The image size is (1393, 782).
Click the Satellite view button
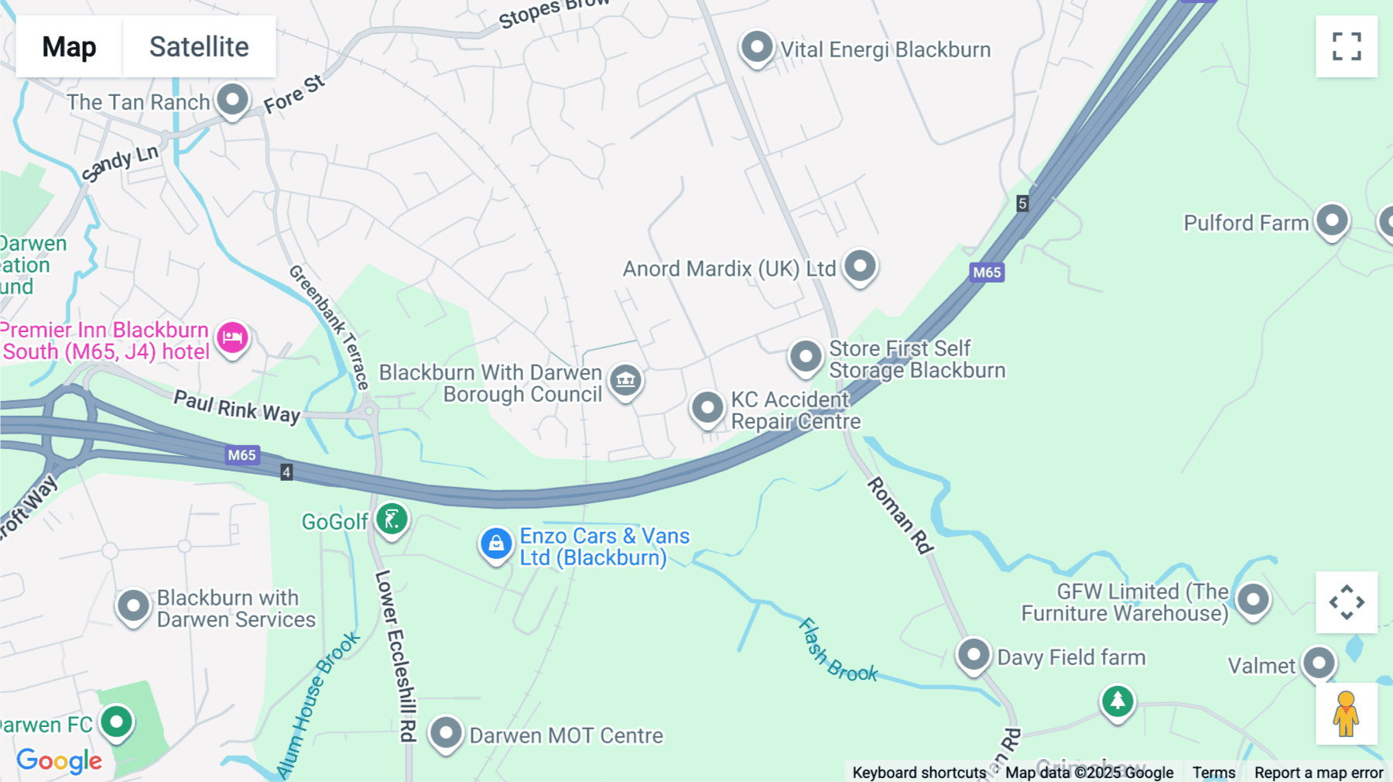[x=199, y=46]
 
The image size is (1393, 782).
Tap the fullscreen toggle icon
[x=1347, y=46]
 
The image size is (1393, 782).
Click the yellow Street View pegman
[x=1346, y=714]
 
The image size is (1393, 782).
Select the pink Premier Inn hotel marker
[x=232, y=338]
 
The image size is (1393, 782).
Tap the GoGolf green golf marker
[x=392, y=519]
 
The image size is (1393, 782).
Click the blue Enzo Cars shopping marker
[x=496, y=544]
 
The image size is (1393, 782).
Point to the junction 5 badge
[x=1022, y=204]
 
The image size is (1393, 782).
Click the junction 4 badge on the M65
[x=286, y=472]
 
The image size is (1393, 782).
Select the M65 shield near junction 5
[x=987, y=272]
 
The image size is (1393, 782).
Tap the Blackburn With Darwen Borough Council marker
[x=625, y=379]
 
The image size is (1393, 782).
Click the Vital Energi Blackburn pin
[x=757, y=47]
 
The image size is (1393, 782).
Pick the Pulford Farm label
[x=1245, y=223]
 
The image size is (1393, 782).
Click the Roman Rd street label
[x=900, y=515]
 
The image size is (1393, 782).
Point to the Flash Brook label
[x=837, y=651]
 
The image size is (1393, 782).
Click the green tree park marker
[x=1117, y=701]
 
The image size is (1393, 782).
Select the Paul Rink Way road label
[x=237, y=406]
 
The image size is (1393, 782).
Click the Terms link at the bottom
[x=1213, y=772]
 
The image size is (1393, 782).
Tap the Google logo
[x=60, y=760]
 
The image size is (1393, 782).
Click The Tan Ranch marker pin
[x=232, y=99]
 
